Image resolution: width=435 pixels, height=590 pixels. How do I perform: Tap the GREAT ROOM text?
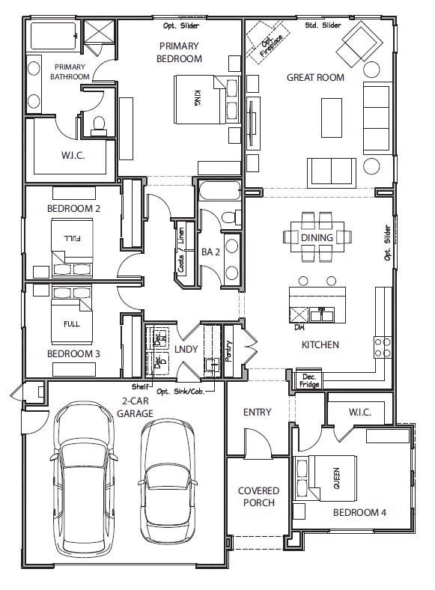tap(315, 77)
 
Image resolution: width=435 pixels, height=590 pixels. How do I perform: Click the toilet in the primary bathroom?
tap(98, 126)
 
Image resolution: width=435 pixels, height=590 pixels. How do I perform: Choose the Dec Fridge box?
tap(308, 380)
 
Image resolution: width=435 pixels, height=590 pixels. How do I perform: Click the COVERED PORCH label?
tap(258, 496)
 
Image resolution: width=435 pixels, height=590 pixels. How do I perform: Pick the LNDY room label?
tap(186, 349)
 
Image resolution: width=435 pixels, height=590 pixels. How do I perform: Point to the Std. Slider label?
tap(323, 26)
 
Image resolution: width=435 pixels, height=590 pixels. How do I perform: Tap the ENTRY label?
tap(258, 412)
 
